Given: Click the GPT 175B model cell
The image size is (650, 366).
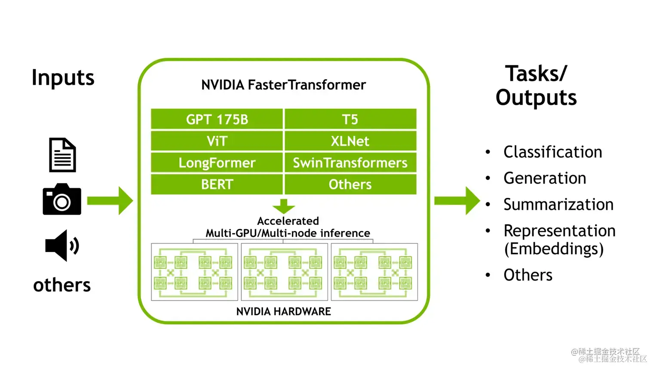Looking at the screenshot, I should tap(217, 119).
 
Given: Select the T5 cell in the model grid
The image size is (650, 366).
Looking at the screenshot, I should tap(350, 119).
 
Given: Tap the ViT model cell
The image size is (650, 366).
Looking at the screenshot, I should tap(217, 141).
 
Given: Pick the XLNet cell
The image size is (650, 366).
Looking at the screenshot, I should tap(350, 141).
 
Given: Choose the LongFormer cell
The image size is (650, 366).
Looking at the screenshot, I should tap(217, 163).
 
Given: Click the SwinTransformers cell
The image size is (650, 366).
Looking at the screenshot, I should tap(350, 163).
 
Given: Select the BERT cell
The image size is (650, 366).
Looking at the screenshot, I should tap(217, 185).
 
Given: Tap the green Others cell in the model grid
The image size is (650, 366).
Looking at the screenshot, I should tap(350, 185).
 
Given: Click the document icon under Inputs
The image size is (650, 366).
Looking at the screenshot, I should tap(62, 155).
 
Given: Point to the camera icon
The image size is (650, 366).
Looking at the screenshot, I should tap(62, 200).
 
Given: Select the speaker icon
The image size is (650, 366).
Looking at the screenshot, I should tap(62, 246).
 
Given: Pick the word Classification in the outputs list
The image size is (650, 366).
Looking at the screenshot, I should tap(552, 152).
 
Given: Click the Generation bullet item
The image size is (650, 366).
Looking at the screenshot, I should tap(545, 178).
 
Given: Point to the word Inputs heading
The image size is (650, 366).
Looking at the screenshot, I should tap(63, 78).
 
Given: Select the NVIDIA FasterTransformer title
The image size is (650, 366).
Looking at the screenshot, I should tap(284, 85).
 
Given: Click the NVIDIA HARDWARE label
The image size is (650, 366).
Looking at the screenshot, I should tap(284, 311).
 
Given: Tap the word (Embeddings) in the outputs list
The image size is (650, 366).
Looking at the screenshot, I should tap(554, 249).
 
